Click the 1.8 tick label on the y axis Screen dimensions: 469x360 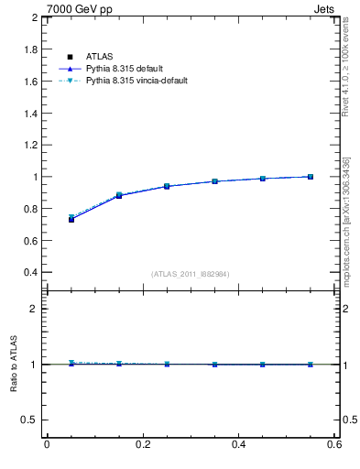pos(29,49)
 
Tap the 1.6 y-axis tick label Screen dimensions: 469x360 pos(29,82)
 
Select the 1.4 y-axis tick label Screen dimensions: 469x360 pos(29,113)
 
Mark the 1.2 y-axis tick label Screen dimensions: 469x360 pos(29,145)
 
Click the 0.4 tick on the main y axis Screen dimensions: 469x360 pos(29,272)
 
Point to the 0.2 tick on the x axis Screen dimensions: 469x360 pos(142,444)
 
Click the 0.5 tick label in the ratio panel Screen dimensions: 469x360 pos(29,420)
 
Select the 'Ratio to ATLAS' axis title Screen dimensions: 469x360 pos(14,365)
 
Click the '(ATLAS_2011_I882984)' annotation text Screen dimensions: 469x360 pos(191,274)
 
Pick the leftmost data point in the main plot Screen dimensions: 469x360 pos(71,219)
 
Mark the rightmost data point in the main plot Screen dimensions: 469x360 pos(311,177)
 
